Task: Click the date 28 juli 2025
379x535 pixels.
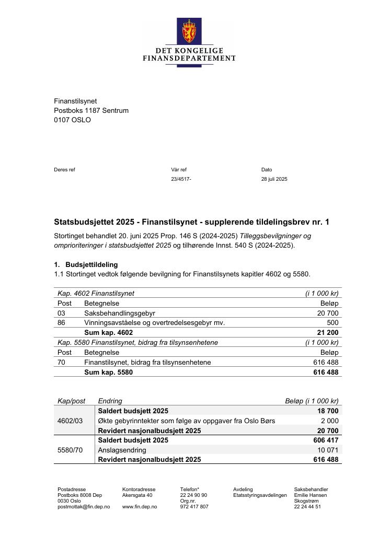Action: click(274, 179)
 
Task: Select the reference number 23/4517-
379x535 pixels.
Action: click(181, 179)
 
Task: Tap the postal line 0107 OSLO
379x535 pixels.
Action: click(72, 120)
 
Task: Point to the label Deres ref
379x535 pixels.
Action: click(64, 169)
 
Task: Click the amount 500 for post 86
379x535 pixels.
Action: click(332, 323)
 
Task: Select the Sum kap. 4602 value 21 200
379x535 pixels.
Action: click(328, 333)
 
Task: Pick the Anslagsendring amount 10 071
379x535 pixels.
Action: click(328, 450)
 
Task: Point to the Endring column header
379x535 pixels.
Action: click(110, 401)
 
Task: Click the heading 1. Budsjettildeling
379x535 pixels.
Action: click(86, 265)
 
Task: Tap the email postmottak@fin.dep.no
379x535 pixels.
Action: click(84, 507)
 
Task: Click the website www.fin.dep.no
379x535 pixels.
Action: click(140, 507)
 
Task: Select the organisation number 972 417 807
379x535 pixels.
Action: click(194, 507)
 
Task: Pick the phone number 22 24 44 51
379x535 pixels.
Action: click(307, 507)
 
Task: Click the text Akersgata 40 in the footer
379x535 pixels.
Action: click(137, 495)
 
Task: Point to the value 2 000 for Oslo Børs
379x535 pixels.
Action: click(329, 421)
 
